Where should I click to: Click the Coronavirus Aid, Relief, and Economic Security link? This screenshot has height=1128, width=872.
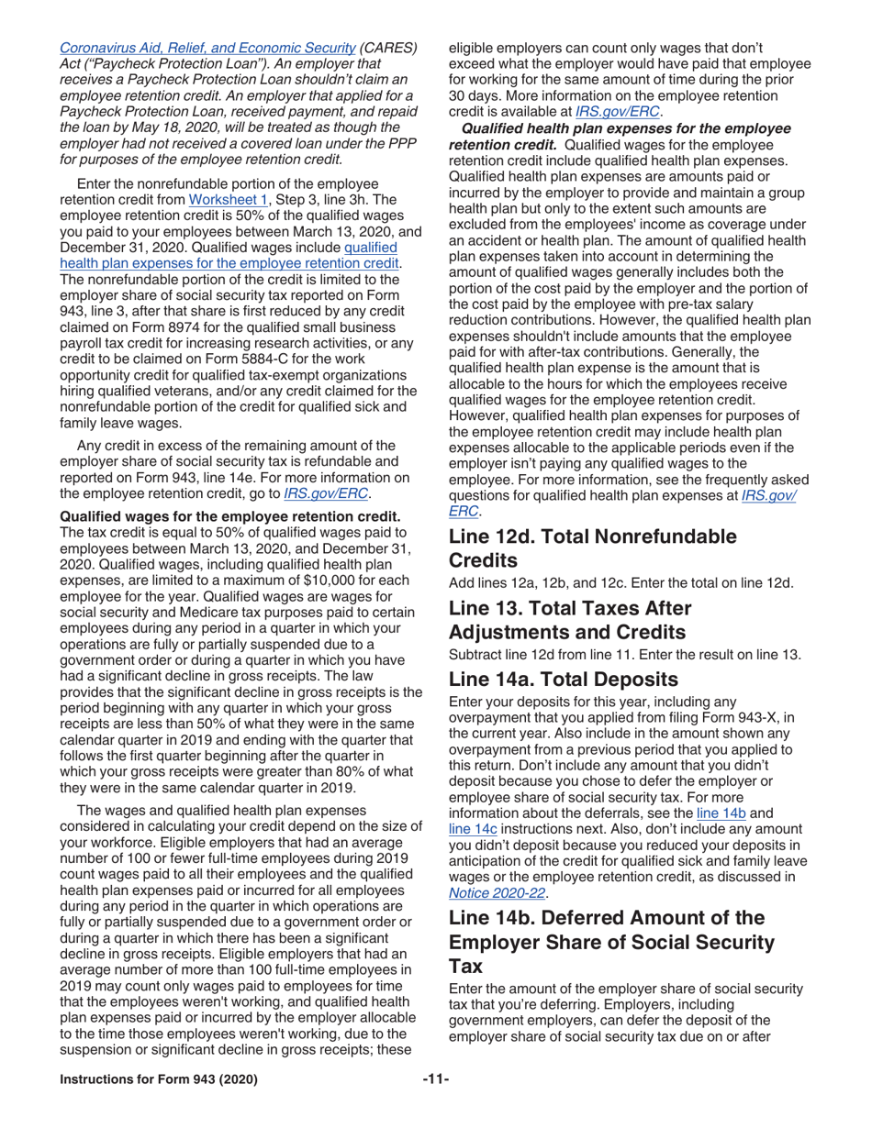tap(207, 47)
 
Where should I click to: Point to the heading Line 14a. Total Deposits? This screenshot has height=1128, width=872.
tap(576, 680)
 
